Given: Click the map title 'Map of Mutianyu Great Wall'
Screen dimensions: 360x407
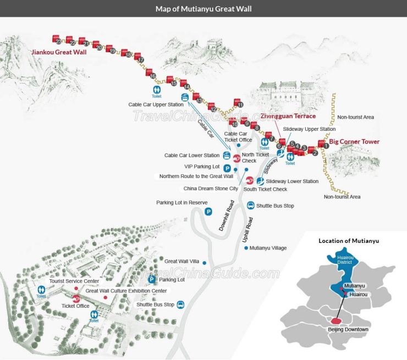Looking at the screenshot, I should pos(203,8).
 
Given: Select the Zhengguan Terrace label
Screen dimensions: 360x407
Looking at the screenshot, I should pos(288,117).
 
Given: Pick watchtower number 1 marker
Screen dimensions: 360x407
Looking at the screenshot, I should pos(327,146).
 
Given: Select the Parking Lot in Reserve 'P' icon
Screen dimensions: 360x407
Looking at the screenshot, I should pos(208,211).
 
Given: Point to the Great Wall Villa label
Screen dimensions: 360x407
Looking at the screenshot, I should pos(182,261).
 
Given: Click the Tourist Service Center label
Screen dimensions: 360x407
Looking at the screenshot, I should pos(74,281).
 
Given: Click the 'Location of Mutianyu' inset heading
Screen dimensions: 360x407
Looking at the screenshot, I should pos(349,241).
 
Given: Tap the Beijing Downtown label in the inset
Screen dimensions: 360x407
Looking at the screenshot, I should pos(348,329).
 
